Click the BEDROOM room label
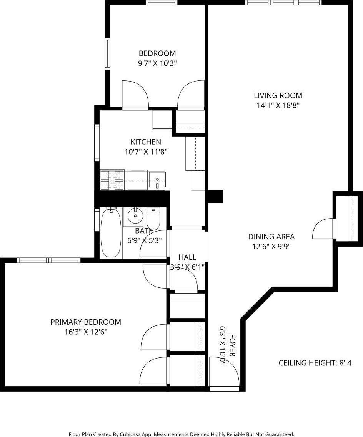pyautogui.click(x=157, y=53)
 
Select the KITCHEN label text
pyautogui.click(x=146, y=142)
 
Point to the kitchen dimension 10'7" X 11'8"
pyautogui.click(x=146, y=152)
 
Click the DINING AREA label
pyautogui.click(x=271, y=237)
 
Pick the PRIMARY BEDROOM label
pyautogui.click(x=86, y=322)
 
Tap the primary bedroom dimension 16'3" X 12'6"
pyautogui.click(x=86, y=332)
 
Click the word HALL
pyautogui.click(x=187, y=257)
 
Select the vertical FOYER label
pyautogui.click(x=232, y=345)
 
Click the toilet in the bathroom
pyautogui.click(x=153, y=218)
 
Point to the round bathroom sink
pyautogui.click(x=135, y=216)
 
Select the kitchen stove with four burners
pyautogui.click(x=112, y=180)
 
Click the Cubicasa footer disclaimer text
pyautogui.click(x=181, y=434)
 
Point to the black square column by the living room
pyautogui.click(x=215, y=196)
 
